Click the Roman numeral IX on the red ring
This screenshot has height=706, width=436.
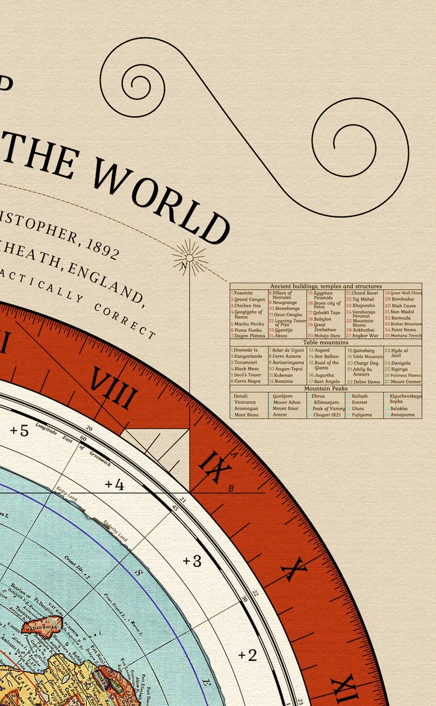point(212,467)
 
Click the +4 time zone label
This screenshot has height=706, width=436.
point(114,484)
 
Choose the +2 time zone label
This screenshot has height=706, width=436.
point(247,655)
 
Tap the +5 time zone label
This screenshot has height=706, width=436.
point(19,431)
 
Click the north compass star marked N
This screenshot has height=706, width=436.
point(189,258)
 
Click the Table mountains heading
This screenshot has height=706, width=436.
point(325,342)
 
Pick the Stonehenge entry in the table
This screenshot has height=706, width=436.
point(287,308)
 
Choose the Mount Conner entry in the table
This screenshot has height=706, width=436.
point(405,381)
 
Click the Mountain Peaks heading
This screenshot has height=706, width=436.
point(325,389)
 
